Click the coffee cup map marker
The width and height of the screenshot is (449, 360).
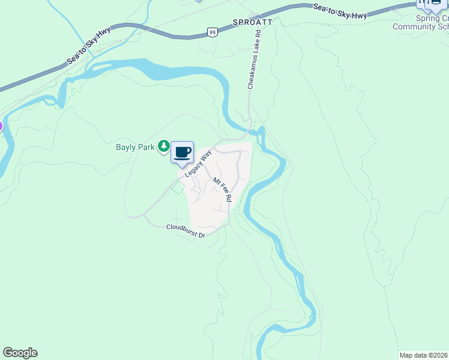point(182,152)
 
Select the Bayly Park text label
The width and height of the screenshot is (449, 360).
point(136,146)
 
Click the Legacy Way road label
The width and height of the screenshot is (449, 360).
point(199,163)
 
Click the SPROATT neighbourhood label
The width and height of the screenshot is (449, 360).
point(253,22)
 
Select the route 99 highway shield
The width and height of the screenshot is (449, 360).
point(212,32)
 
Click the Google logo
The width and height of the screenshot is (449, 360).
point(20,353)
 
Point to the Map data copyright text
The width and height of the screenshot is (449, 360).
point(424,355)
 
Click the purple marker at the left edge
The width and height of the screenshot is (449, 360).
point(1,127)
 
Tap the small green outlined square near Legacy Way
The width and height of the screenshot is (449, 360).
point(177,188)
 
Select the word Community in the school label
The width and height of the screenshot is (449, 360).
point(414,26)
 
